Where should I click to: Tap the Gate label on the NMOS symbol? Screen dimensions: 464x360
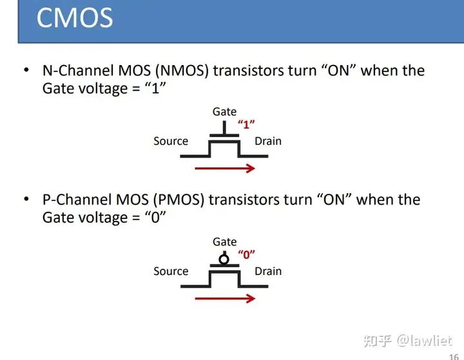coord(225,112)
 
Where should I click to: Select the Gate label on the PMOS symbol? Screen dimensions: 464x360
coord(225,242)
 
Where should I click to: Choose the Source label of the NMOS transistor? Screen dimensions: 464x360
coord(171,141)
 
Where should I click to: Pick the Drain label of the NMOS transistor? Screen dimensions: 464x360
coord(268,141)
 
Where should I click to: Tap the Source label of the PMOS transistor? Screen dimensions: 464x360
coord(171,271)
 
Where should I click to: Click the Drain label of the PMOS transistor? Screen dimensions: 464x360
coord(268,271)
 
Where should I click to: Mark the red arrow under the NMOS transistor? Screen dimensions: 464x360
coord(225,169)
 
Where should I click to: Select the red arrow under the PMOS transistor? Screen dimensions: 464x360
coord(225,299)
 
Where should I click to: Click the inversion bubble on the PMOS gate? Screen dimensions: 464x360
coord(224,259)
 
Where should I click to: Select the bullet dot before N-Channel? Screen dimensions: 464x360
coord(26,70)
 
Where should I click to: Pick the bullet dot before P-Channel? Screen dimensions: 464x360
coord(26,200)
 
